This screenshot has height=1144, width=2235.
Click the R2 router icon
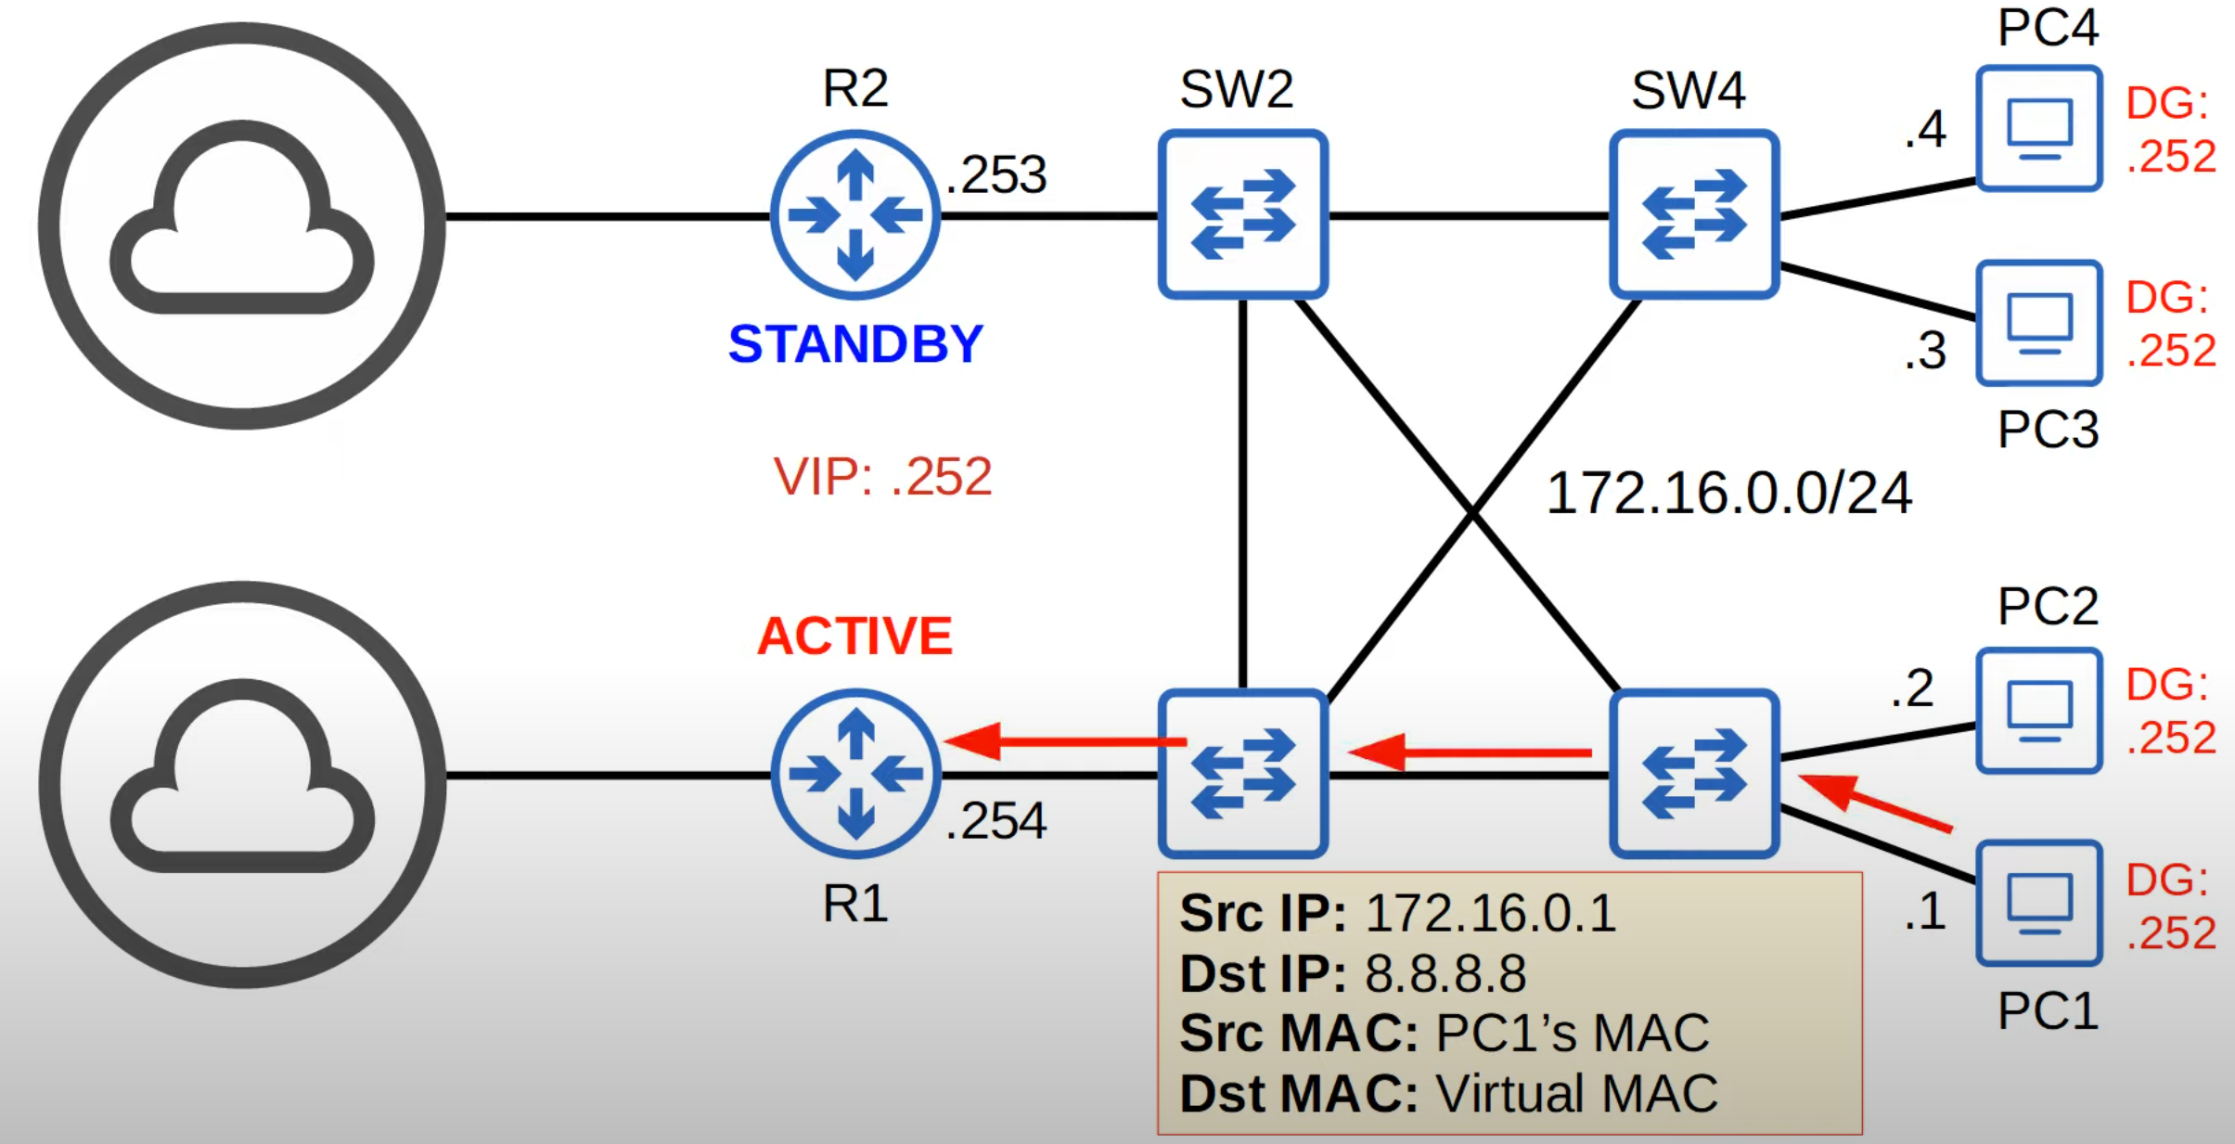pos(854,215)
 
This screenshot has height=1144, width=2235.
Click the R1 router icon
pos(854,773)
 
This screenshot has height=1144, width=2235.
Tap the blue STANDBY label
pos(854,344)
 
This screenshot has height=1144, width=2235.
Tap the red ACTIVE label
pos(854,636)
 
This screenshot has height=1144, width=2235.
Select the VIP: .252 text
pos(882,477)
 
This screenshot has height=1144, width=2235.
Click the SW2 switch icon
pos(1242,214)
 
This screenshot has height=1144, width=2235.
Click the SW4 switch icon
pos(1694,214)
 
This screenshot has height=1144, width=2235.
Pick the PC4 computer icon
pos(2038,128)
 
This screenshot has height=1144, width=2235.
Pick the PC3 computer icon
pos(2038,323)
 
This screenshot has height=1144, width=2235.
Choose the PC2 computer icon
pos(2038,711)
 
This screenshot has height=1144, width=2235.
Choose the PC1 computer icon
pos(2038,904)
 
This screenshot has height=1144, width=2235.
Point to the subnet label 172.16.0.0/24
pos(1728,493)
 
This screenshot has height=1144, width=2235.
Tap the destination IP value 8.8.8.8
pos(1445,974)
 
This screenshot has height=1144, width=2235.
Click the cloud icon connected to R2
pos(242,225)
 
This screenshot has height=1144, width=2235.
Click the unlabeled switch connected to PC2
pos(1694,773)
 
